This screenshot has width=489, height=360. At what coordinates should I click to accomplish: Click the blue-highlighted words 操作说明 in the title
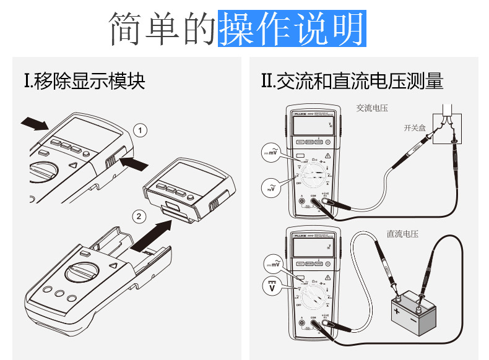(x=292, y=28)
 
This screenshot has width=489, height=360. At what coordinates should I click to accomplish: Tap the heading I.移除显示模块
(x=84, y=81)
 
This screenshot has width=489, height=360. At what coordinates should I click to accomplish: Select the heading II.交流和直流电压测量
(x=352, y=81)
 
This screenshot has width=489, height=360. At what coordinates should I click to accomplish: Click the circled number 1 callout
(x=141, y=130)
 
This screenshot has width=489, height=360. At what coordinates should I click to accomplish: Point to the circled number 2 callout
(x=141, y=216)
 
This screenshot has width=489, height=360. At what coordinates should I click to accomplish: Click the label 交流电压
(x=372, y=108)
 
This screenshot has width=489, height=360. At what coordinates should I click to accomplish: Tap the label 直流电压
(x=402, y=234)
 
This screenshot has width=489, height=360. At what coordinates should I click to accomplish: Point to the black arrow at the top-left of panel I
(x=34, y=124)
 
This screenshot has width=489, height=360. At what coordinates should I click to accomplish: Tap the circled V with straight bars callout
(x=272, y=286)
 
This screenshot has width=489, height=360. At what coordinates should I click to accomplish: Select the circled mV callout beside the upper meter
(x=271, y=155)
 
